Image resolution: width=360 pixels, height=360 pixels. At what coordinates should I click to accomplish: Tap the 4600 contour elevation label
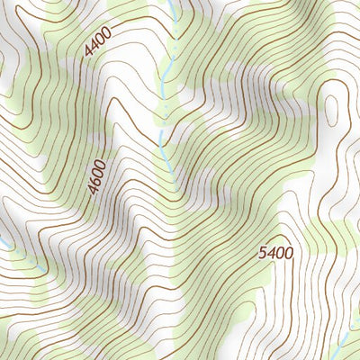(97, 177)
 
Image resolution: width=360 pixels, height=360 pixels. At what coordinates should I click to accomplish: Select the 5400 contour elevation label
(275, 253)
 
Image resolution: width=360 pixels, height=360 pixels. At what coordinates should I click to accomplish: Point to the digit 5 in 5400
(263, 253)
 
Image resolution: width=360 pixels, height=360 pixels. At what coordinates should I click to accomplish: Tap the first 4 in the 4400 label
(88, 53)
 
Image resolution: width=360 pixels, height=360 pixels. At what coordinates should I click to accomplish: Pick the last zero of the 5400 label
(288, 253)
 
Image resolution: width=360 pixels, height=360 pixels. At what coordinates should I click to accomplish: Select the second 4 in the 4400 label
(94, 46)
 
